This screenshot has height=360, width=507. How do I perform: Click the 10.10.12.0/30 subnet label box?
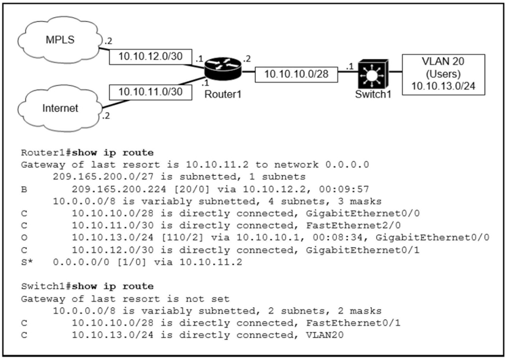pyautogui.click(x=150, y=56)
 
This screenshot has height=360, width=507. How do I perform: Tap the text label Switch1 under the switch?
pyautogui.click(x=372, y=94)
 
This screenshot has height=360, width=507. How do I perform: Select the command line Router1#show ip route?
pyautogui.click(x=87, y=153)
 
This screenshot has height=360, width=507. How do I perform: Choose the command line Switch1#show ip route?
pyautogui.click(x=87, y=286)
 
